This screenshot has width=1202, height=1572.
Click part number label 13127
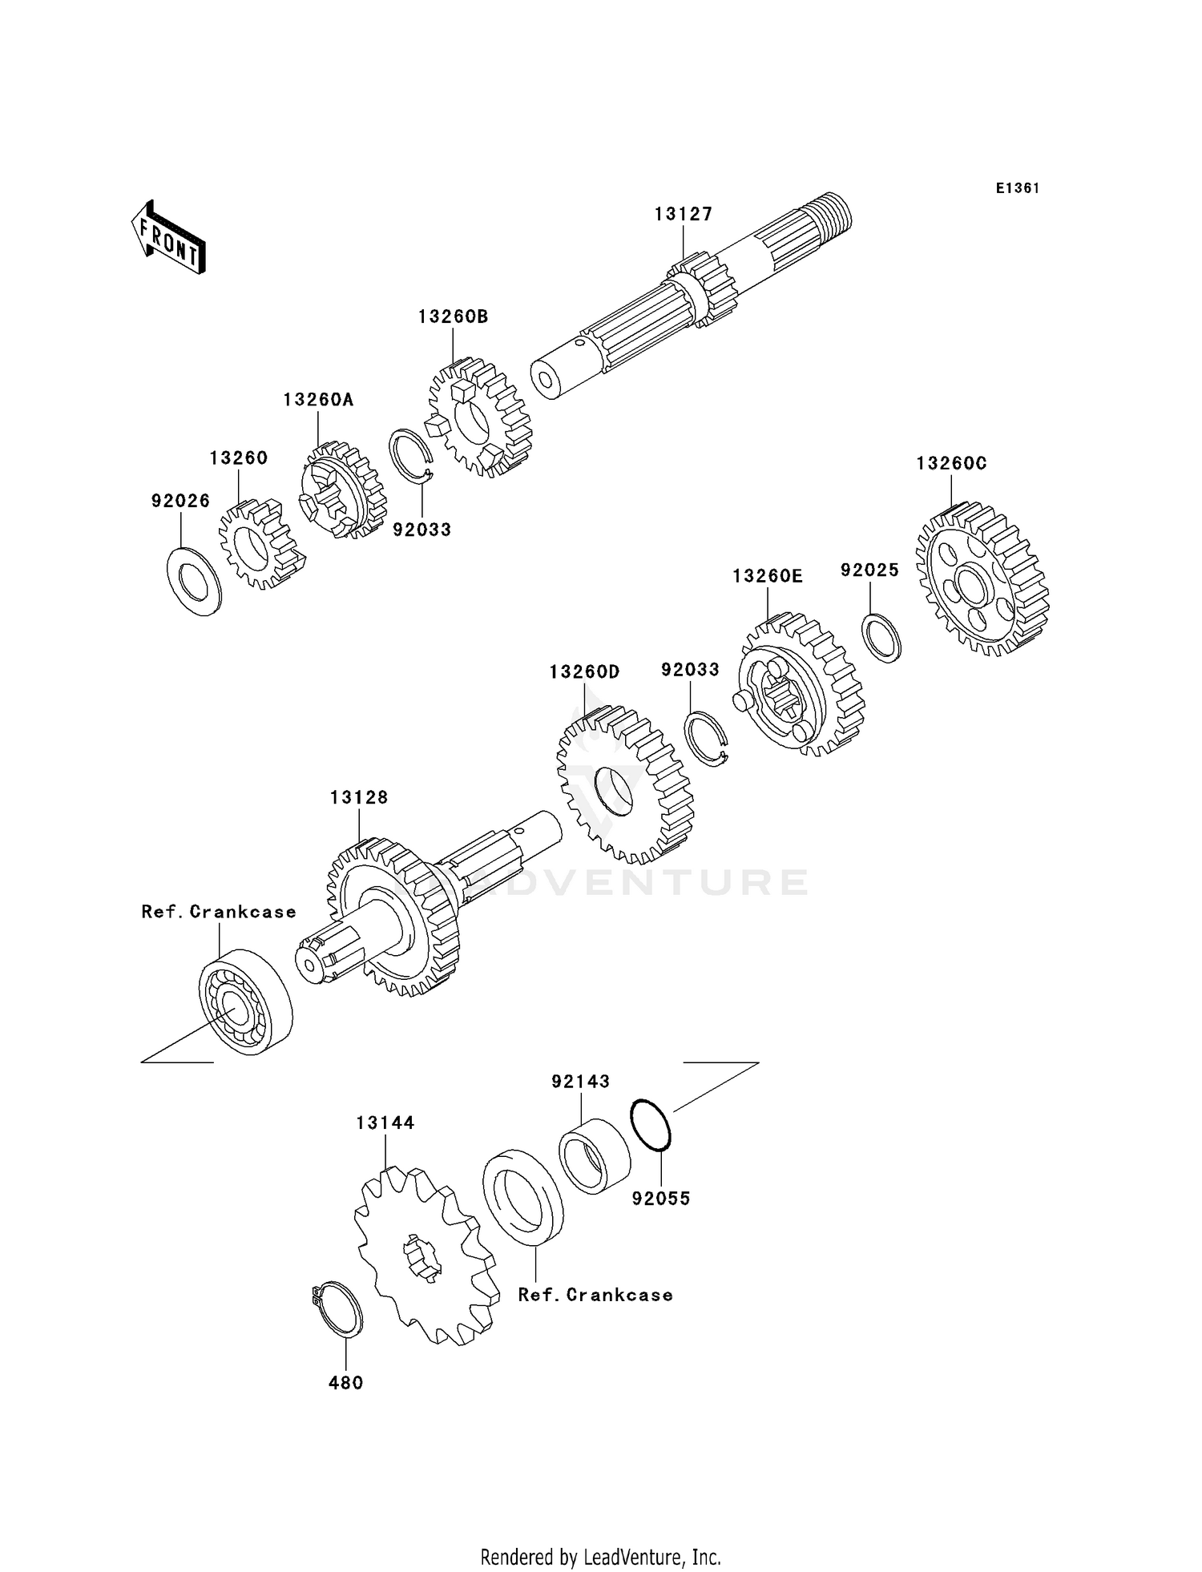(x=683, y=214)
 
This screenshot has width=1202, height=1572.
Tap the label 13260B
(x=453, y=316)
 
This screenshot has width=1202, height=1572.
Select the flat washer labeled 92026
(x=194, y=581)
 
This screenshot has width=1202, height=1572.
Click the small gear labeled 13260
(x=260, y=545)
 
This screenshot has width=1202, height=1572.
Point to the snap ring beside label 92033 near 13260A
(x=411, y=456)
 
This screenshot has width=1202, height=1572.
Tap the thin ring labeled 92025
(x=881, y=638)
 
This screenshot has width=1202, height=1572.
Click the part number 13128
(x=359, y=797)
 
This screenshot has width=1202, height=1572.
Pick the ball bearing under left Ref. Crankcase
(x=244, y=1002)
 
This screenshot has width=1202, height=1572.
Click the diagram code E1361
(x=1018, y=188)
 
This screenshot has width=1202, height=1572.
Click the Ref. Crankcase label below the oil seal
(x=595, y=1295)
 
